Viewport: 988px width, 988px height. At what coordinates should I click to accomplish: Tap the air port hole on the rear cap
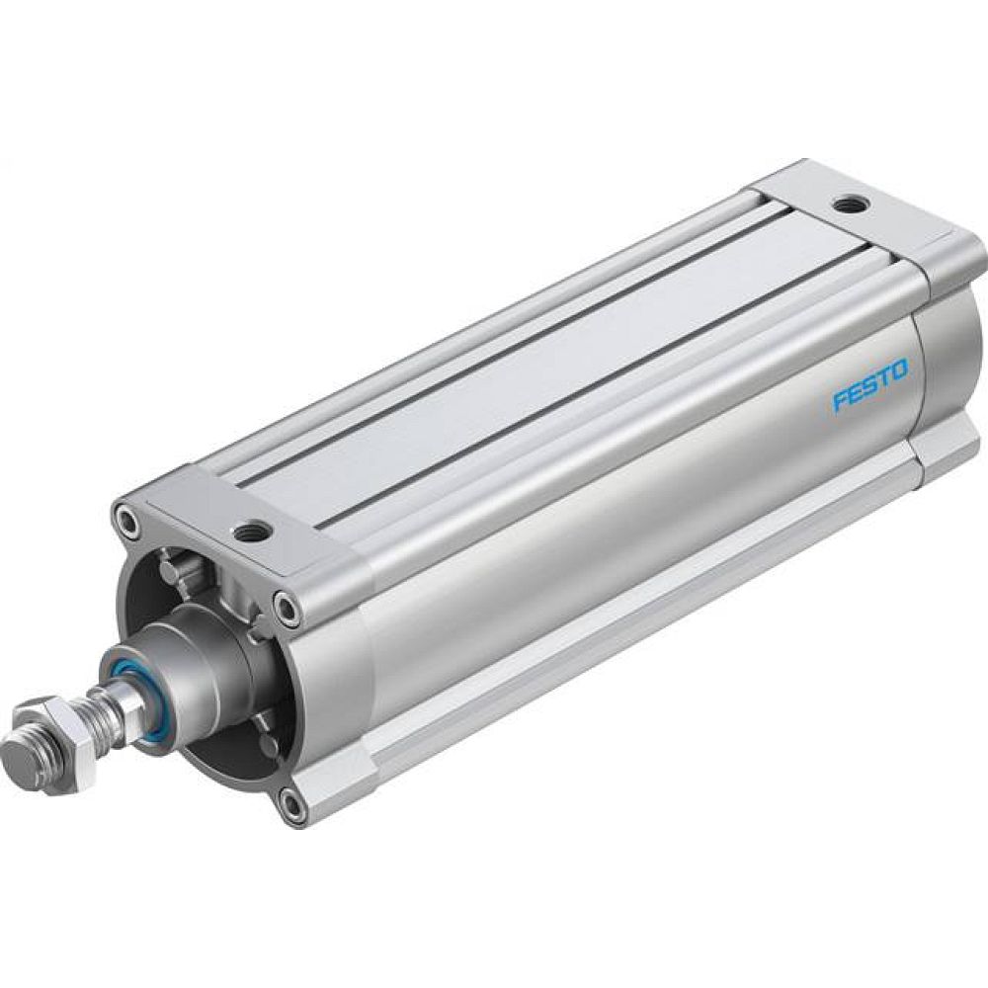pos(846,206)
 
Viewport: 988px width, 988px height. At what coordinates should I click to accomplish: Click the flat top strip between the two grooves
pos(553,346)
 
